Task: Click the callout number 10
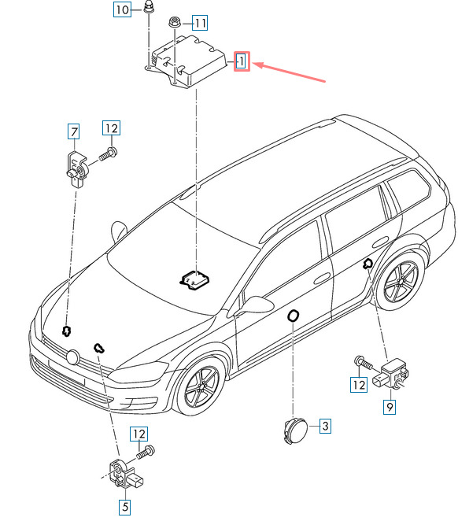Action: coord(122,9)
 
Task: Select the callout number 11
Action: coord(200,23)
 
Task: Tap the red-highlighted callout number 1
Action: coord(242,61)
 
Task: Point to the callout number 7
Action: coord(74,131)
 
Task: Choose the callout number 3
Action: coord(326,426)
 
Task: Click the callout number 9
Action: coord(390,407)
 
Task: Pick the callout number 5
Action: coord(125,507)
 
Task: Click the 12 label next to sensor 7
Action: coord(111,128)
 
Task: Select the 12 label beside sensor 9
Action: coord(359,385)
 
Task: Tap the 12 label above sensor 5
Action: coord(139,434)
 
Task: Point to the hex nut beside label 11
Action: coord(174,23)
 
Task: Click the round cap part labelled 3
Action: coord(296,431)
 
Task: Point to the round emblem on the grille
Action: coord(72,357)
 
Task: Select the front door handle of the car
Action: coord(322,279)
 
